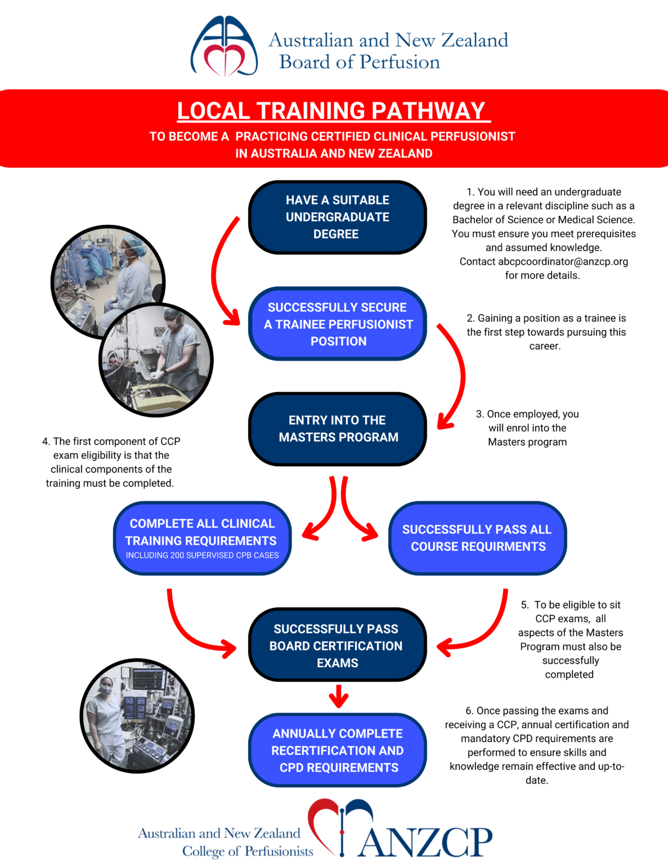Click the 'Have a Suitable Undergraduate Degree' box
click(x=337, y=217)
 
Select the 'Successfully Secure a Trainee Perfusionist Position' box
click(x=337, y=324)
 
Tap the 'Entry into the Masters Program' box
click(x=337, y=429)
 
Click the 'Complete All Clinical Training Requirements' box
click(x=202, y=538)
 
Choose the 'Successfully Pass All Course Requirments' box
click(x=477, y=538)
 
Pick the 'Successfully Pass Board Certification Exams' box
click(x=337, y=645)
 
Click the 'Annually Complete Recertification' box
click(x=337, y=750)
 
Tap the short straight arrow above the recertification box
click(x=338, y=696)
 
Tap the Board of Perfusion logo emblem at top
click(x=224, y=46)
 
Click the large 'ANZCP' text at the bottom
click(x=425, y=842)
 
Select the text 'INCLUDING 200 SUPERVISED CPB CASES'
click(x=202, y=555)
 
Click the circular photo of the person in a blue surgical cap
click(x=108, y=282)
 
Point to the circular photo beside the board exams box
click(x=137, y=716)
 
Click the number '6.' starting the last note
click(x=469, y=711)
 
